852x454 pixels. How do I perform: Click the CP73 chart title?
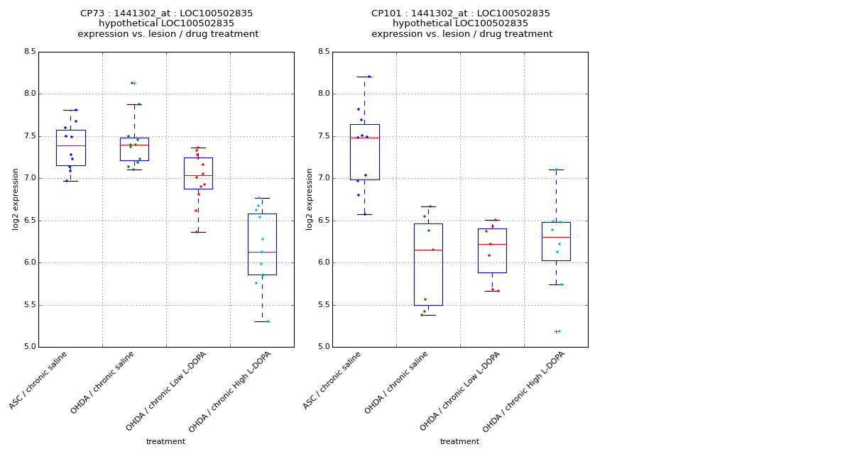[167, 23]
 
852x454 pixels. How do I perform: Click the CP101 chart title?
[461, 23]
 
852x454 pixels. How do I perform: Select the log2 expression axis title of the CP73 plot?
[16, 199]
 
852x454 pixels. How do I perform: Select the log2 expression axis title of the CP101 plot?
[310, 199]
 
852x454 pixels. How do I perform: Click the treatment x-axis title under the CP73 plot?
[165, 441]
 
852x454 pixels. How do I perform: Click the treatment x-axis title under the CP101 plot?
[459, 441]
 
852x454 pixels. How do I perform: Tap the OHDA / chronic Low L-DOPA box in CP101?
[492, 255]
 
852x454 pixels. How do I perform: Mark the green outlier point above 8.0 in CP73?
[132, 83]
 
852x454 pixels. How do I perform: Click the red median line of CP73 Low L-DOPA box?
[198, 175]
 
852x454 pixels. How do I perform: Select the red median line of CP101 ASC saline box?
[364, 138]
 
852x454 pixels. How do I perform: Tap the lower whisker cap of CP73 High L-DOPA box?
[262, 321]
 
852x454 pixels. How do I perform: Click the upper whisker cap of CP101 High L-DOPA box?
[556, 170]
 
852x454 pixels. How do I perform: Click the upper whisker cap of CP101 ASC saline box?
[364, 77]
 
